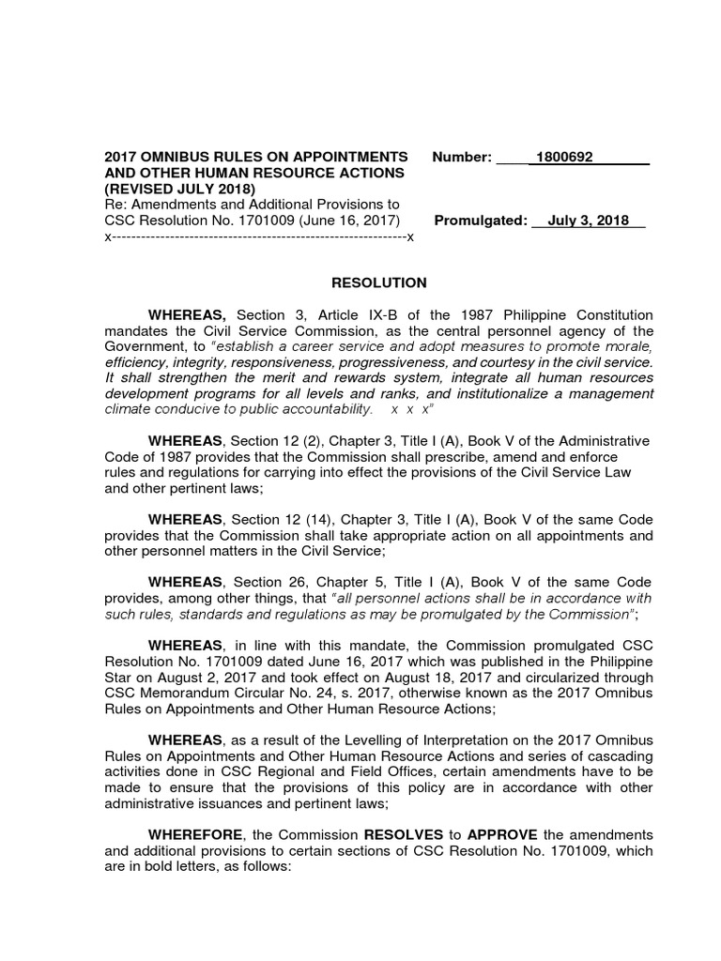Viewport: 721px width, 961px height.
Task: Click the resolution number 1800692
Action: pyautogui.click(x=564, y=157)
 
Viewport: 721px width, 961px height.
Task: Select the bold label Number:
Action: pyautogui.click(x=462, y=157)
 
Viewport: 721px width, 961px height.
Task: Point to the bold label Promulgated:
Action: pyautogui.click(x=482, y=221)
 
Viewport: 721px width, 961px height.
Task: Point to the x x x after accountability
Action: pyautogui.click(x=412, y=410)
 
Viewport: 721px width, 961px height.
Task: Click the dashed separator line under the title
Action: pyautogui.click(x=258, y=237)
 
